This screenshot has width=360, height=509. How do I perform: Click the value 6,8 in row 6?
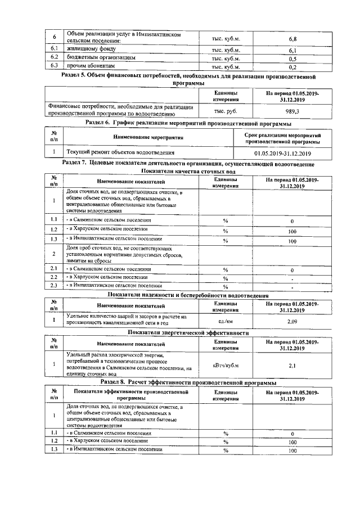click(292, 39)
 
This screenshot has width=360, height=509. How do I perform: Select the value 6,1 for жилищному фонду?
click(292, 50)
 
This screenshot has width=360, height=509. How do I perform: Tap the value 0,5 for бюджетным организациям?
click(292, 58)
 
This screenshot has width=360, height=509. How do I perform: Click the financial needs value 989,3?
click(292, 111)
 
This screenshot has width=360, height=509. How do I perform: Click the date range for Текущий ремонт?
click(283, 152)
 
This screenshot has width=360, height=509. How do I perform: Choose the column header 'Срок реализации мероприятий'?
click(283, 138)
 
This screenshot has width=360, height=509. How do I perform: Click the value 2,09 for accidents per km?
click(292, 321)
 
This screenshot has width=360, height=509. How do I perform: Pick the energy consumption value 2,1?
click(292, 365)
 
